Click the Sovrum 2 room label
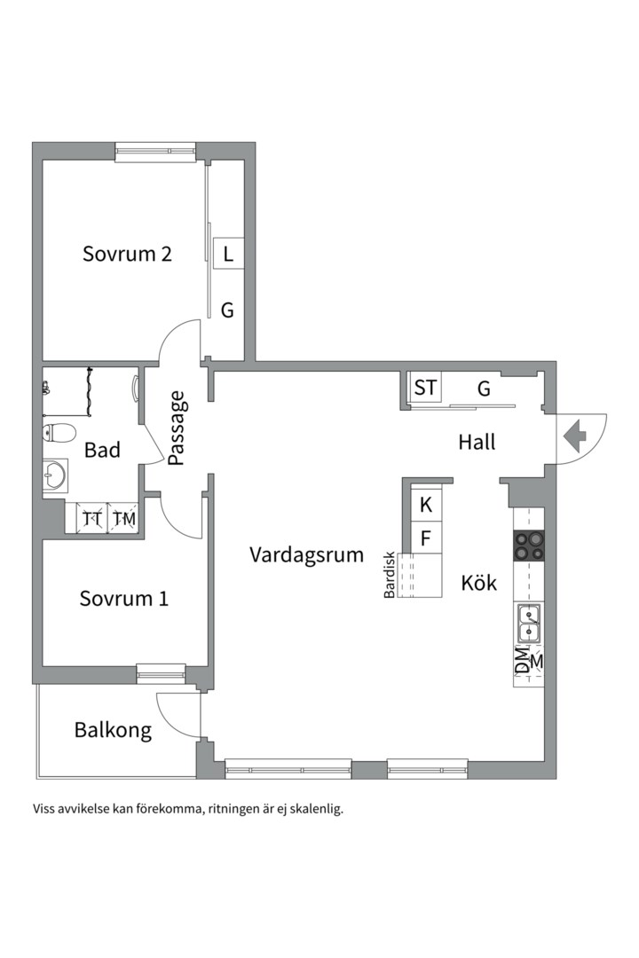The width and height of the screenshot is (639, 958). tap(127, 254)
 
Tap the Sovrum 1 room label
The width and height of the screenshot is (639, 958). tap(123, 599)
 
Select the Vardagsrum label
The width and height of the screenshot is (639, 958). tap(306, 555)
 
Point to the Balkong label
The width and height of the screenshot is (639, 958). tap(113, 731)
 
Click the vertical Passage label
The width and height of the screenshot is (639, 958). tap(177, 428)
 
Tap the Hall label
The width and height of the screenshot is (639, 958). tap(477, 442)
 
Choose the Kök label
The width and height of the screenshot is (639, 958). tap(478, 584)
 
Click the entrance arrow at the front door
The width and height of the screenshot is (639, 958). tap(574, 436)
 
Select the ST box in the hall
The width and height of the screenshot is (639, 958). tap(425, 388)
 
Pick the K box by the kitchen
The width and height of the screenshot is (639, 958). tap(426, 506)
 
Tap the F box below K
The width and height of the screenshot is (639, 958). tap(426, 538)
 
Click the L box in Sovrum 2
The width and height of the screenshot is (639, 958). tap(228, 255)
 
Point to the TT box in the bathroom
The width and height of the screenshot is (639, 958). tap(91, 519)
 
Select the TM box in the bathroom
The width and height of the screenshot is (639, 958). tap(123, 519)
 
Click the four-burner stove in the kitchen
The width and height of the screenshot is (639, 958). tap(529, 546)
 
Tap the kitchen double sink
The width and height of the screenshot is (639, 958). tap(529, 623)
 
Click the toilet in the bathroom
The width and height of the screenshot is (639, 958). tap(59, 434)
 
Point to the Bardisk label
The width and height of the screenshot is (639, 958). tap(389, 576)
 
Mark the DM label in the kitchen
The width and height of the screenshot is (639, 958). tap(522, 661)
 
